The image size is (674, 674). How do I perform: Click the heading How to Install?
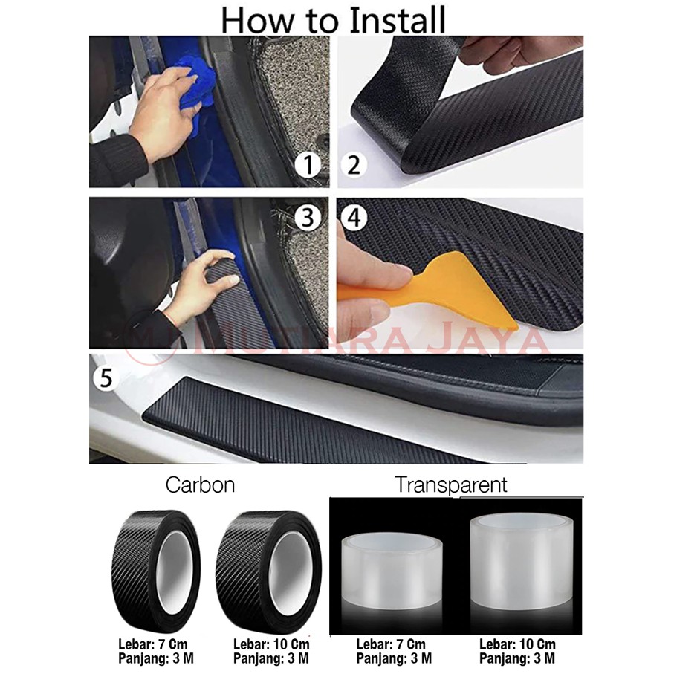coord(334,20)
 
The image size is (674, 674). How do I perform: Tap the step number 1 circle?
coord(308,165)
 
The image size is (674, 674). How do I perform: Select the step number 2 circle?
coord(354,165)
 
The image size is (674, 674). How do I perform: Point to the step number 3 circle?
coord(308,217)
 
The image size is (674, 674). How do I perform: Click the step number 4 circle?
coord(354,218)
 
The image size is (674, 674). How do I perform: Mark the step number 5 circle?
coord(106,378)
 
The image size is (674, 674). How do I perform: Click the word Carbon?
coord(201,485)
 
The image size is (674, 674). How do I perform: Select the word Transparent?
coord(451,485)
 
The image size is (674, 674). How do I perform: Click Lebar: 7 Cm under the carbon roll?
coord(153,645)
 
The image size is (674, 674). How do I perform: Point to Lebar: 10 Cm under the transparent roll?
coord(517,645)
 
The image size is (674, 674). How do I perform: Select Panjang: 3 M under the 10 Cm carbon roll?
coord(271,658)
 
